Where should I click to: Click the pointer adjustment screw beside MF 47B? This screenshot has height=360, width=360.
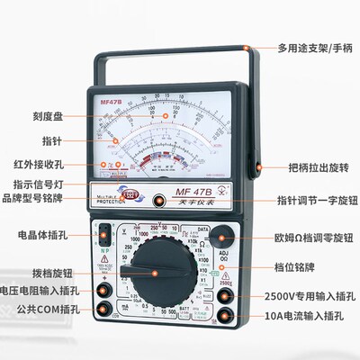pos(158,202)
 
